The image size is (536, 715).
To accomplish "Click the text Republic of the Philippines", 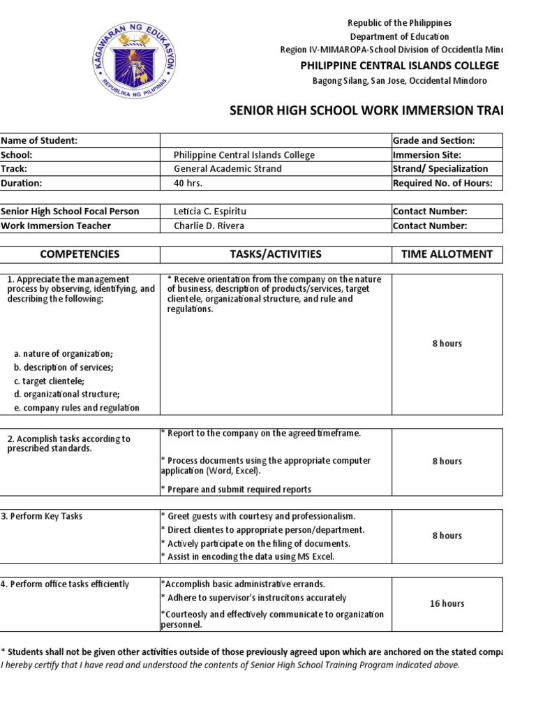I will pos(400,23).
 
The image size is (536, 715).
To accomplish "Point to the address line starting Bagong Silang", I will pos(400,81).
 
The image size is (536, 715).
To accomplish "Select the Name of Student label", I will pos(39,140).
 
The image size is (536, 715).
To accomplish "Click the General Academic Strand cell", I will pos(228,169).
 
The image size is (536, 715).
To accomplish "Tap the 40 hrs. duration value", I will pos(188,183).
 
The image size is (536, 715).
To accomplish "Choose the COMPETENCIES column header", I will pos(80,254).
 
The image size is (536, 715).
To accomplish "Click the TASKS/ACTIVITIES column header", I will pos(276,254).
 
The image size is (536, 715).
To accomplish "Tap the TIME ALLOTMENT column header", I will pos(447,254).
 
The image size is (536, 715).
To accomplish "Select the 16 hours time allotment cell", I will pos(447,603).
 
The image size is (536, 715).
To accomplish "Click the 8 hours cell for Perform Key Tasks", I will pos(447,536).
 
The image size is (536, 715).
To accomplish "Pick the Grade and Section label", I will pos(434,140).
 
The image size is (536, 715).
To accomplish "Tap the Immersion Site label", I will pos(427,155).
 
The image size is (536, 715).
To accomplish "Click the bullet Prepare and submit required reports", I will pos(236,489).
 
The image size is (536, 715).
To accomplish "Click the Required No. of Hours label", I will pos(442,183).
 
